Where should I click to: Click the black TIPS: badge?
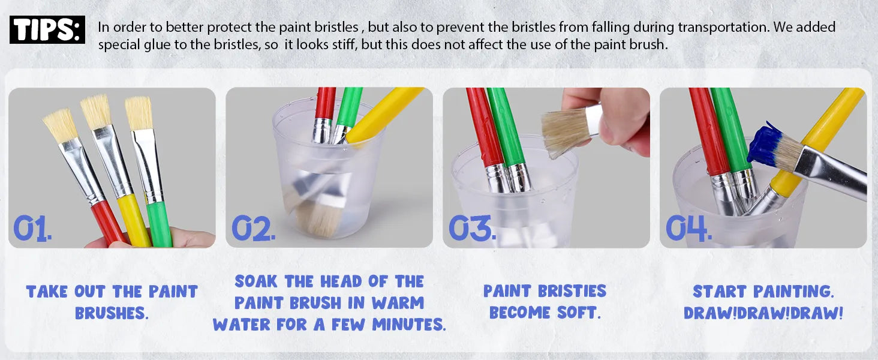coord(47,29)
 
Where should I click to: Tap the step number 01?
coord(32,228)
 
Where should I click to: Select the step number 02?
coord(253,228)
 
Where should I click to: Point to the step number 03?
coord(472,228)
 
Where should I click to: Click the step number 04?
coord(688,228)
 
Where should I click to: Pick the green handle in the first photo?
coord(159,224)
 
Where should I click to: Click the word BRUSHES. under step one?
coord(112,313)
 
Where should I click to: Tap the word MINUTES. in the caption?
coord(409,325)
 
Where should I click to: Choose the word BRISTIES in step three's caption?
coord(572,292)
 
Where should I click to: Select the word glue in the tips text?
coord(157,45)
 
